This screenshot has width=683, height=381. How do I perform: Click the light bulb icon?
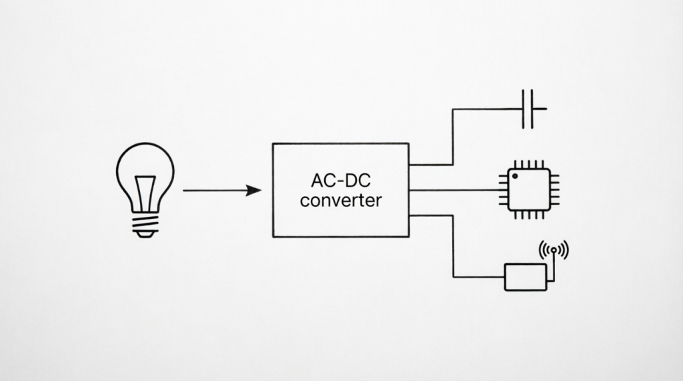coord(145,190)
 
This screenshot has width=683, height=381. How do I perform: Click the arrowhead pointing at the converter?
coord(253,191)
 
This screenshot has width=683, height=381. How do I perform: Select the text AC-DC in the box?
coord(341,180)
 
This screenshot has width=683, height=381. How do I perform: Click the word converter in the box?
coord(341,201)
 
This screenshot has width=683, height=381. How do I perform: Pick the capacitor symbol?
coord(528,109)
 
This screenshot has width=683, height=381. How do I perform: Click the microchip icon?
coord(529,189)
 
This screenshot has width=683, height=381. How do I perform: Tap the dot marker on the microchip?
coord(515,176)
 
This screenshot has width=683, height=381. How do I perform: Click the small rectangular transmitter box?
coord(526,277)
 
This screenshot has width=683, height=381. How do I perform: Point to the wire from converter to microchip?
coord(454,190)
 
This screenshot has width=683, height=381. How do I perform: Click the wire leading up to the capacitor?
coord(453,136)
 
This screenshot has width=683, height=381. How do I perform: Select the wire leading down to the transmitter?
coord(453,246)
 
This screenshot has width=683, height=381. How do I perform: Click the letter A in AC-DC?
coord(317,180)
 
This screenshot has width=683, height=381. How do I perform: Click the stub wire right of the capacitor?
coord(539,109)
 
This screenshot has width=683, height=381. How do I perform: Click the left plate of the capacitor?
coord(523,109)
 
